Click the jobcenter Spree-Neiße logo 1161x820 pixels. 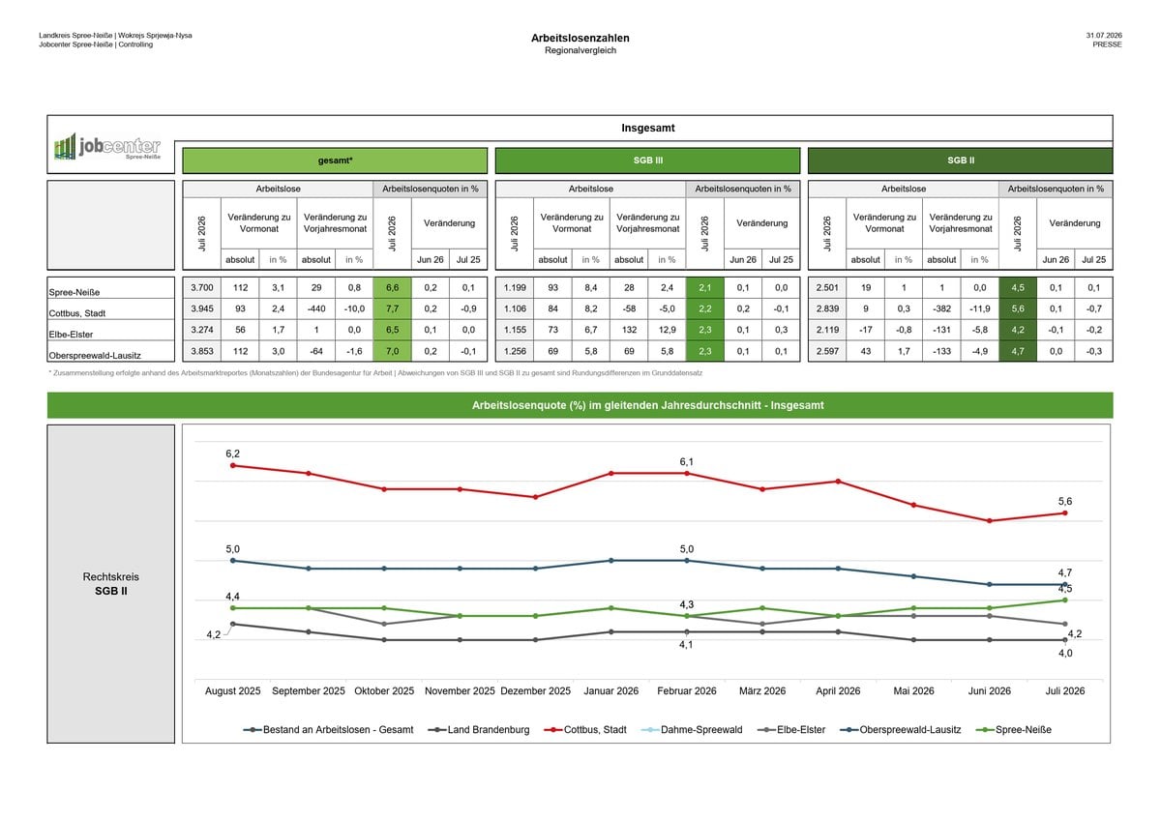click(107, 146)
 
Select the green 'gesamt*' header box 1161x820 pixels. click(335, 161)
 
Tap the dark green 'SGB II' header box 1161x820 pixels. click(960, 161)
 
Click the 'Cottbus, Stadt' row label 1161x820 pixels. click(77, 313)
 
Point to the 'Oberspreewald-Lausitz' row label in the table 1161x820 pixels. click(95, 356)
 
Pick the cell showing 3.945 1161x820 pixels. click(202, 308)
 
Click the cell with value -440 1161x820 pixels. click(316, 308)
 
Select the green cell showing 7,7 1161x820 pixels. click(393, 308)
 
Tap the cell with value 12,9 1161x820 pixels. click(667, 330)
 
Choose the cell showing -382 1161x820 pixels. click(941, 308)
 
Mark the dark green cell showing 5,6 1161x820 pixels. click(1018, 308)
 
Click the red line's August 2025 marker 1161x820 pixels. click(233, 466)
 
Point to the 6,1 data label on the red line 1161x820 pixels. click(686, 461)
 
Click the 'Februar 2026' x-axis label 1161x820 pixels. click(686, 691)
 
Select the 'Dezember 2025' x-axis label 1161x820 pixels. click(535, 691)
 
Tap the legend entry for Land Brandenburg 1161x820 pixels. click(479, 730)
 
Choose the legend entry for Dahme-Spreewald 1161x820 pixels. click(692, 730)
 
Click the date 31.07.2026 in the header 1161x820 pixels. click(1104, 35)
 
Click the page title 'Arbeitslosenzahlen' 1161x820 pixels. click(580, 38)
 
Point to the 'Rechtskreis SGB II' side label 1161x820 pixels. click(111, 584)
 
